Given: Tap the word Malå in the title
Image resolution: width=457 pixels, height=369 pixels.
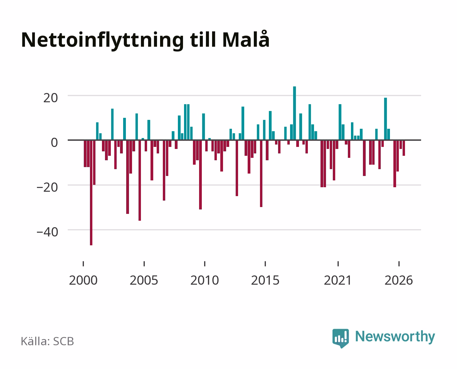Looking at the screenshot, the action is (246, 39).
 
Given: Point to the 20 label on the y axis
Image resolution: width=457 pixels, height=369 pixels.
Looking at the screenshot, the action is (51, 98).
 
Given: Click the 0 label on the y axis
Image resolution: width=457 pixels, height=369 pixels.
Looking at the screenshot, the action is (54, 143).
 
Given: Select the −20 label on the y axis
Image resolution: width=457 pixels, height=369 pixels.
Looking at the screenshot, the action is (48, 188).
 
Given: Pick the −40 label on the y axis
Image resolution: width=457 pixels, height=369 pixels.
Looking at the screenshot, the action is (48, 232).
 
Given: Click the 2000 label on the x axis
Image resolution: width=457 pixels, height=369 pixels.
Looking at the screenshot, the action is (83, 280).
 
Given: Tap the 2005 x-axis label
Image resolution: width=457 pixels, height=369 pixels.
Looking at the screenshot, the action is (144, 280).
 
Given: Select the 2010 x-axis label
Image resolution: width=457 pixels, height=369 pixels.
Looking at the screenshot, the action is (205, 280).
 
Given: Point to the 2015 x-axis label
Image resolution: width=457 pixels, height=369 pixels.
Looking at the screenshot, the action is (265, 280).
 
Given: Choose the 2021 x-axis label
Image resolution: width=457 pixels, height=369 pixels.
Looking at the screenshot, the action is (338, 280).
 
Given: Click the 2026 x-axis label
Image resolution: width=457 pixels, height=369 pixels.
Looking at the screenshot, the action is (399, 280).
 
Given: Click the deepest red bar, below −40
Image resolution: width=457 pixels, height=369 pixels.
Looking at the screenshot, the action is (91, 192).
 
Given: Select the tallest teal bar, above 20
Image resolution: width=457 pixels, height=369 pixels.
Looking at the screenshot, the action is (295, 113).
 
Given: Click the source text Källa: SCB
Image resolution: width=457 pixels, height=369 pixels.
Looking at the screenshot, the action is (48, 341).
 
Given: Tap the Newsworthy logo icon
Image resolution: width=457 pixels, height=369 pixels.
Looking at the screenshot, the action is (341, 338).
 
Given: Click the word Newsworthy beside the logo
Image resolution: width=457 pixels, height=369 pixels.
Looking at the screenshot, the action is (395, 337).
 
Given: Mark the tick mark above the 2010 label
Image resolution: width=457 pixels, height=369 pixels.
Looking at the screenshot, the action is (205, 264).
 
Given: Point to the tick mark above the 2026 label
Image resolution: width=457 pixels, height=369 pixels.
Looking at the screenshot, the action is (399, 264).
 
